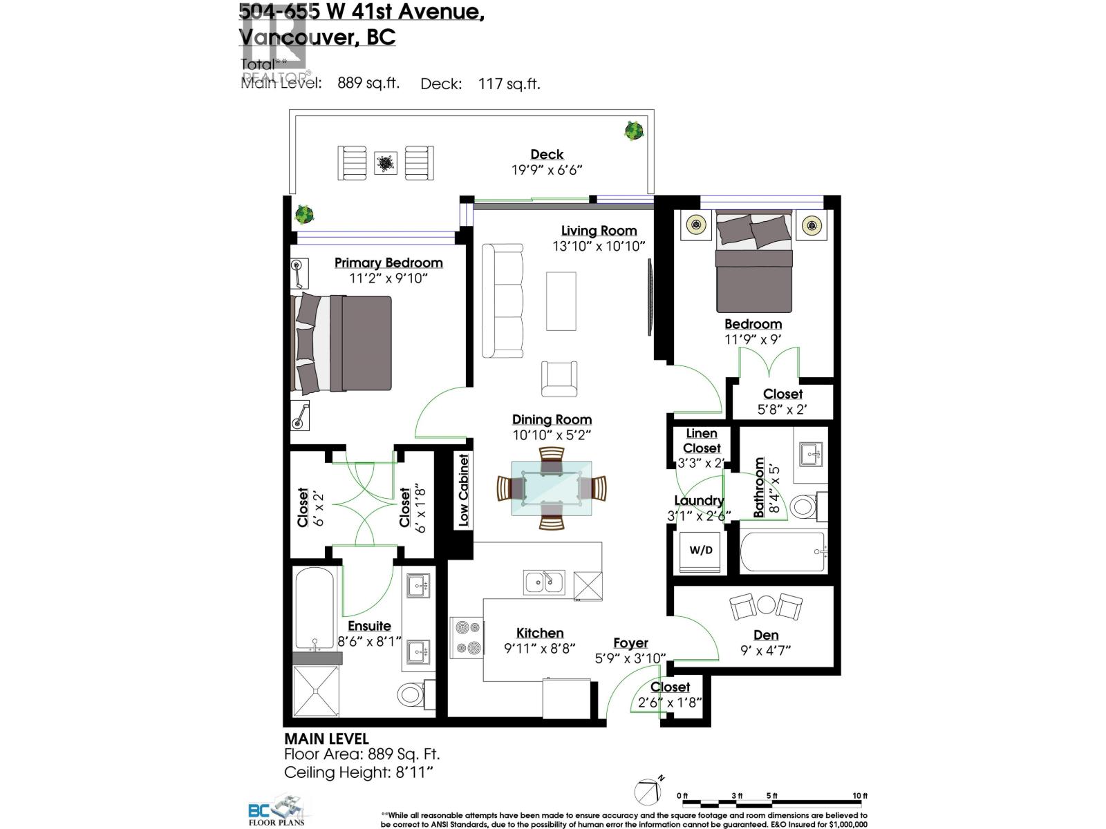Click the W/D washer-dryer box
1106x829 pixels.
click(x=701, y=550)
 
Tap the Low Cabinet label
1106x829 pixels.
click(x=463, y=490)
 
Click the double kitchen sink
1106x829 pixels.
click(x=544, y=582)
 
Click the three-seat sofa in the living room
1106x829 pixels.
click(x=503, y=301)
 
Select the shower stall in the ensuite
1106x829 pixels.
click(x=317, y=691)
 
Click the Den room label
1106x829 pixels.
click(x=766, y=635)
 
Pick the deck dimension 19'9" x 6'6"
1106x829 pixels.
click(x=547, y=170)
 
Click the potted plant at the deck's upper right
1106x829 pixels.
click(x=633, y=130)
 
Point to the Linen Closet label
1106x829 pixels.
click(x=702, y=441)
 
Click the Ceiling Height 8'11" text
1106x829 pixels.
click(x=358, y=772)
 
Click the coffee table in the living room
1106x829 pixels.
click(x=561, y=301)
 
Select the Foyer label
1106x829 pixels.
click(x=630, y=643)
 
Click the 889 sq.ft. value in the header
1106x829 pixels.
click(x=368, y=84)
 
